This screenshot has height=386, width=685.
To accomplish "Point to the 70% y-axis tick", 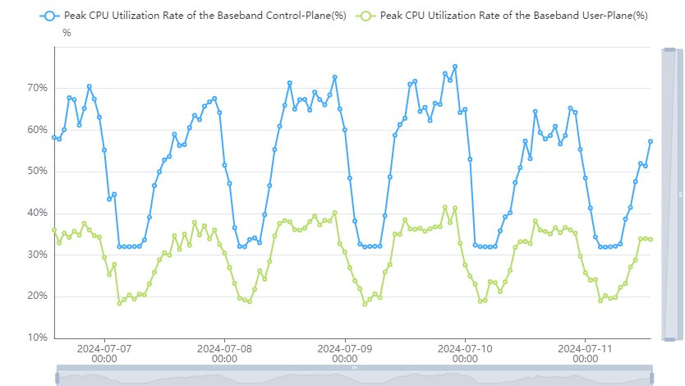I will [37, 88].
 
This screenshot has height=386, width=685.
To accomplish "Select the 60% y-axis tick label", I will [37, 130].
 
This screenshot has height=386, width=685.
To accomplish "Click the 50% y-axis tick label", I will [37, 172].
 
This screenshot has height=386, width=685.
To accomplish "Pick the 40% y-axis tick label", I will [37, 213].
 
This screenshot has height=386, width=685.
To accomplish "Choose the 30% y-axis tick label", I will [37, 255].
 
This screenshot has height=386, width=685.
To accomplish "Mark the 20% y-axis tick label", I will [37, 296].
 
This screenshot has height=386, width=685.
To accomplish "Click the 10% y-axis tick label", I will [37, 338].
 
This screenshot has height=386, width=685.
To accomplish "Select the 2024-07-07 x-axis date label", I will [104, 353].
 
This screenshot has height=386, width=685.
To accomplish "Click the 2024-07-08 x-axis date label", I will [224, 353].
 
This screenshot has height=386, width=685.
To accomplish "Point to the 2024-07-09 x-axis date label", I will [345, 353].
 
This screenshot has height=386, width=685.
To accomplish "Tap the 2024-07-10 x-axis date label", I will [465, 353].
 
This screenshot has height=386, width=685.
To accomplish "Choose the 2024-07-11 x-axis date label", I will [586, 353].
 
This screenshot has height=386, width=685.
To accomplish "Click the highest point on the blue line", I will [455, 67].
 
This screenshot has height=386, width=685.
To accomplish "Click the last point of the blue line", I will [651, 141].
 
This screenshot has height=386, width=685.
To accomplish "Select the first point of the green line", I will [54, 230].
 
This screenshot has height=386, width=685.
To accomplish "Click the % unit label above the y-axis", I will [67, 33].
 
